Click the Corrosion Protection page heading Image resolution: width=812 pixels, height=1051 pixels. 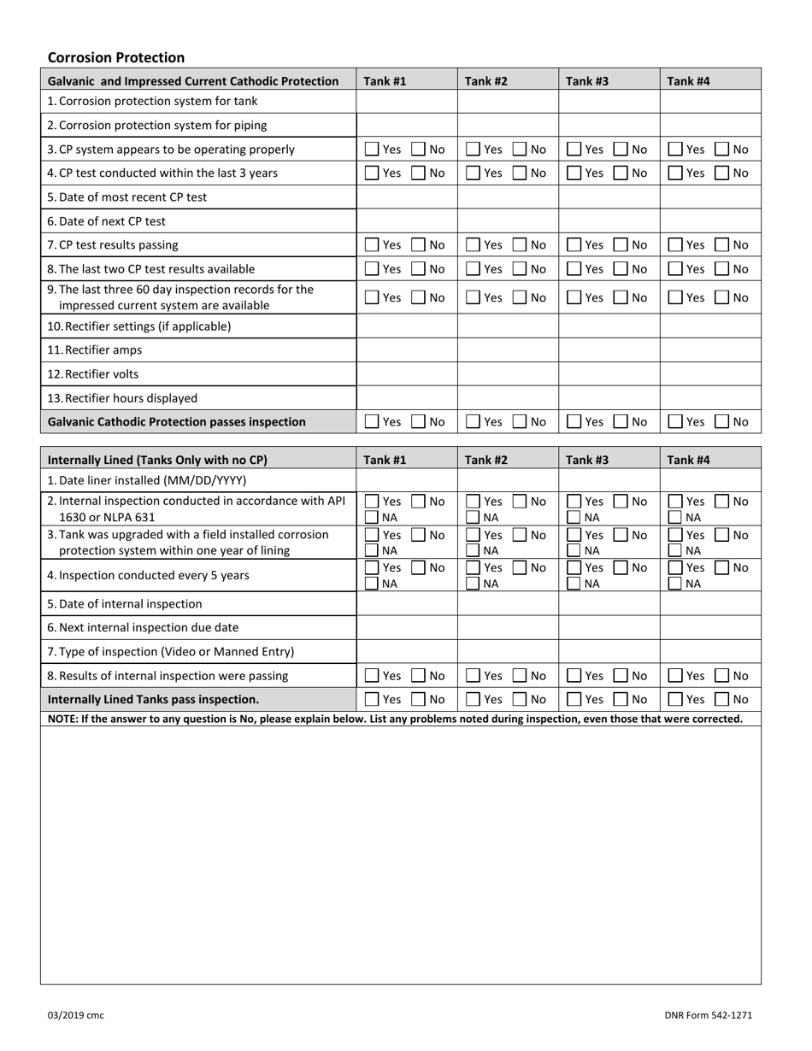coord(116,57)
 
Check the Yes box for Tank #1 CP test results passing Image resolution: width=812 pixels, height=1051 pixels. coord(372,245)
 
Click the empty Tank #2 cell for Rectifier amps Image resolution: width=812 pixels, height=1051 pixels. coord(508,350)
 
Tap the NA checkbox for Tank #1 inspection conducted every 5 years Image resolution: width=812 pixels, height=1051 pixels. coord(372,584)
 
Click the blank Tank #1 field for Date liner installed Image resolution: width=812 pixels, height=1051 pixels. coord(406,480)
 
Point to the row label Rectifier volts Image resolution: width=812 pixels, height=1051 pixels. coord(93,374)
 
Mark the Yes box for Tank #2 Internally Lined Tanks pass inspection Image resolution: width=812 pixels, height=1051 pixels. coord(473,700)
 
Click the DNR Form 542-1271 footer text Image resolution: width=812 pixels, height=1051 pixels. coord(708,1015)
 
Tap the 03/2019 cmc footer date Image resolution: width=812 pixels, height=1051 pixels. coord(76,1015)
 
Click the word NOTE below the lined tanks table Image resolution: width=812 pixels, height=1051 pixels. coord(63,719)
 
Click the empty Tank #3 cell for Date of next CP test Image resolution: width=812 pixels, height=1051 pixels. coord(609,221)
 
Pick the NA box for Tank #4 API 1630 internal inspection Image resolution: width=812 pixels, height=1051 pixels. coord(675,517)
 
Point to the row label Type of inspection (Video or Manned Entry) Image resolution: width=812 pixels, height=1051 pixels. coord(171,652)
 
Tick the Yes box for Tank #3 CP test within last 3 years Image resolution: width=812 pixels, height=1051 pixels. coord(574,173)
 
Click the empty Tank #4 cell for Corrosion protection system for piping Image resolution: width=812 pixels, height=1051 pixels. coord(709,126)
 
